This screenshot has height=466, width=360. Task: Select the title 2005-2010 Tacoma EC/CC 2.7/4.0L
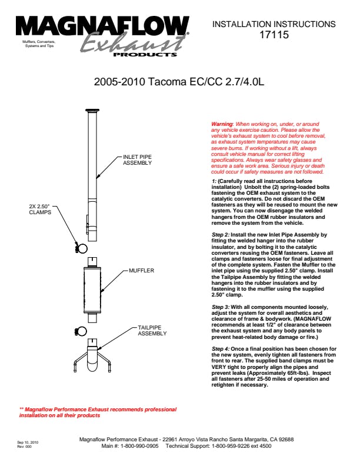(x=179, y=82)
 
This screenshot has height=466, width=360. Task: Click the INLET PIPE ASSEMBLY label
(x=137, y=160)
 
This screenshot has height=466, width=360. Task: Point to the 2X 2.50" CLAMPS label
(x=41, y=210)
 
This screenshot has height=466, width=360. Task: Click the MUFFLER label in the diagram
(x=141, y=271)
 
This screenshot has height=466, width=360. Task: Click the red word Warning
(x=222, y=124)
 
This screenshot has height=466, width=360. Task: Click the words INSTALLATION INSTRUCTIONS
(x=274, y=25)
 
